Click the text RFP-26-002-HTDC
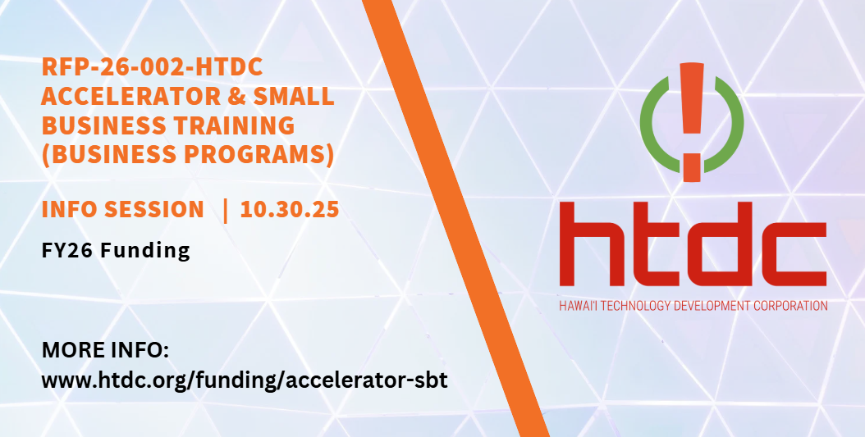[x=153, y=67]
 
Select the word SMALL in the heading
[x=294, y=96]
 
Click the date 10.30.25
[x=290, y=210]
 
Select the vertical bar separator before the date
[x=225, y=210]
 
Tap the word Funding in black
[x=145, y=251]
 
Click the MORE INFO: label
[x=105, y=350]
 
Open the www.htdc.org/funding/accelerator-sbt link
[x=245, y=380]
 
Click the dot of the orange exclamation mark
[x=692, y=167]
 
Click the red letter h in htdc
[x=585, y=244]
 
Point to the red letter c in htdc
[x=796, y=254]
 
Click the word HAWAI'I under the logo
[x=578, y=306]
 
